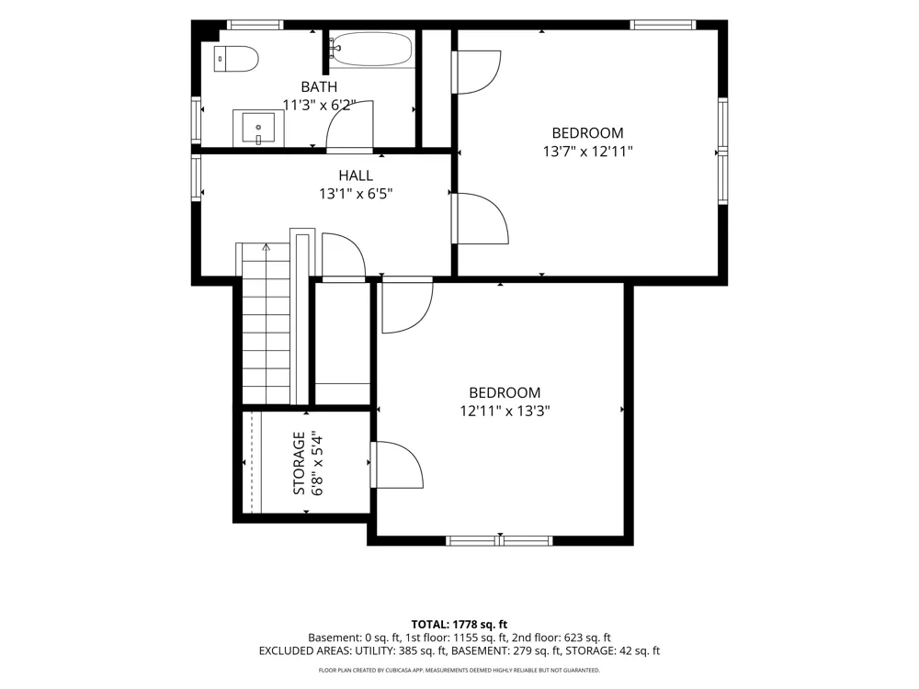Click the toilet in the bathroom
click(235, 58)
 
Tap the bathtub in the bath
click(371, 49)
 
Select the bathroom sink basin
click(258, 128)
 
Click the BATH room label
click(319, 86)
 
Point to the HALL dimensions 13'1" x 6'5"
click(356, 193)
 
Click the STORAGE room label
click(299, 463)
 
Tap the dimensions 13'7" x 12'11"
click(588, 152)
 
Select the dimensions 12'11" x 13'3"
click(505, 411)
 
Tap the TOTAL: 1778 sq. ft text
click(459, 625)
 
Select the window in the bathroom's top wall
click(255, 25)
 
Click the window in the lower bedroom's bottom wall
click(499, 540)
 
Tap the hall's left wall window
click(197, 178)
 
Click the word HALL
click(356, 175)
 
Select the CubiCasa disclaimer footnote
click(459, 670)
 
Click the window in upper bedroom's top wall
click(663, 25)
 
